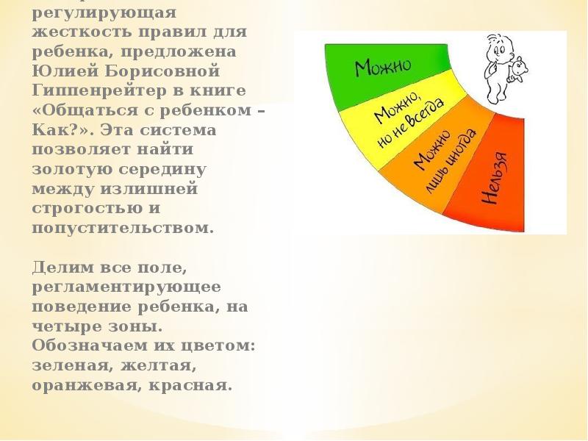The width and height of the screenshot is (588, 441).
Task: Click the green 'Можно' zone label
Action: tap(383, 68)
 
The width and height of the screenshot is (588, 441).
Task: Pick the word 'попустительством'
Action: tap(123, 226)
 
